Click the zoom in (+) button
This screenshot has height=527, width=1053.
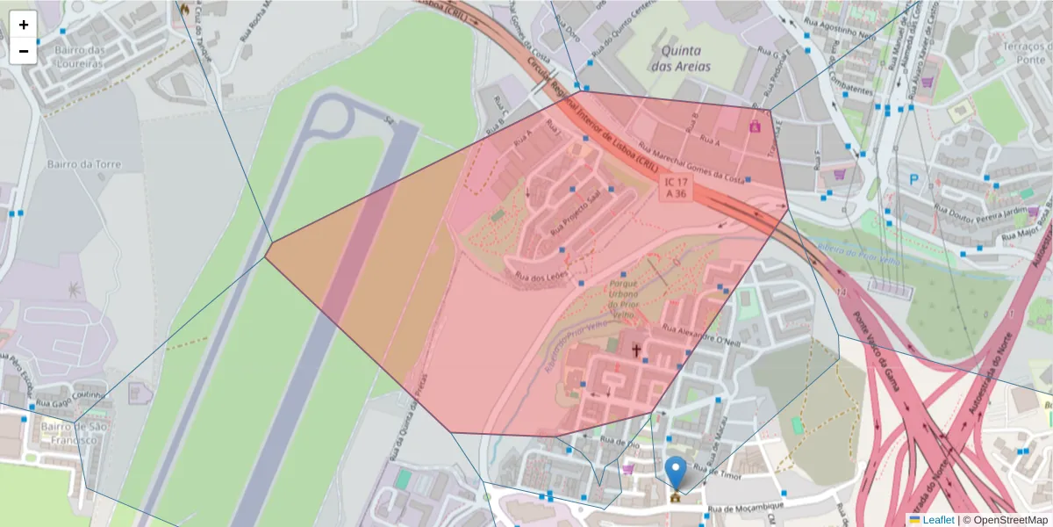(24, 25)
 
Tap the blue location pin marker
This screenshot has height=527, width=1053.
(675, 473)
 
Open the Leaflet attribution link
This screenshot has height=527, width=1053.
(938, 520)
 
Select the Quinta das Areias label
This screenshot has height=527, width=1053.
(681, 58)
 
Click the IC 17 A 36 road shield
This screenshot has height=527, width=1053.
(676, 187)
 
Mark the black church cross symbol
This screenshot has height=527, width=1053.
(636, 350)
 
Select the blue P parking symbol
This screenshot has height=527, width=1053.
(914, 179)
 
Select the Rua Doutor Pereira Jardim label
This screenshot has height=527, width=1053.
(980, 212)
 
